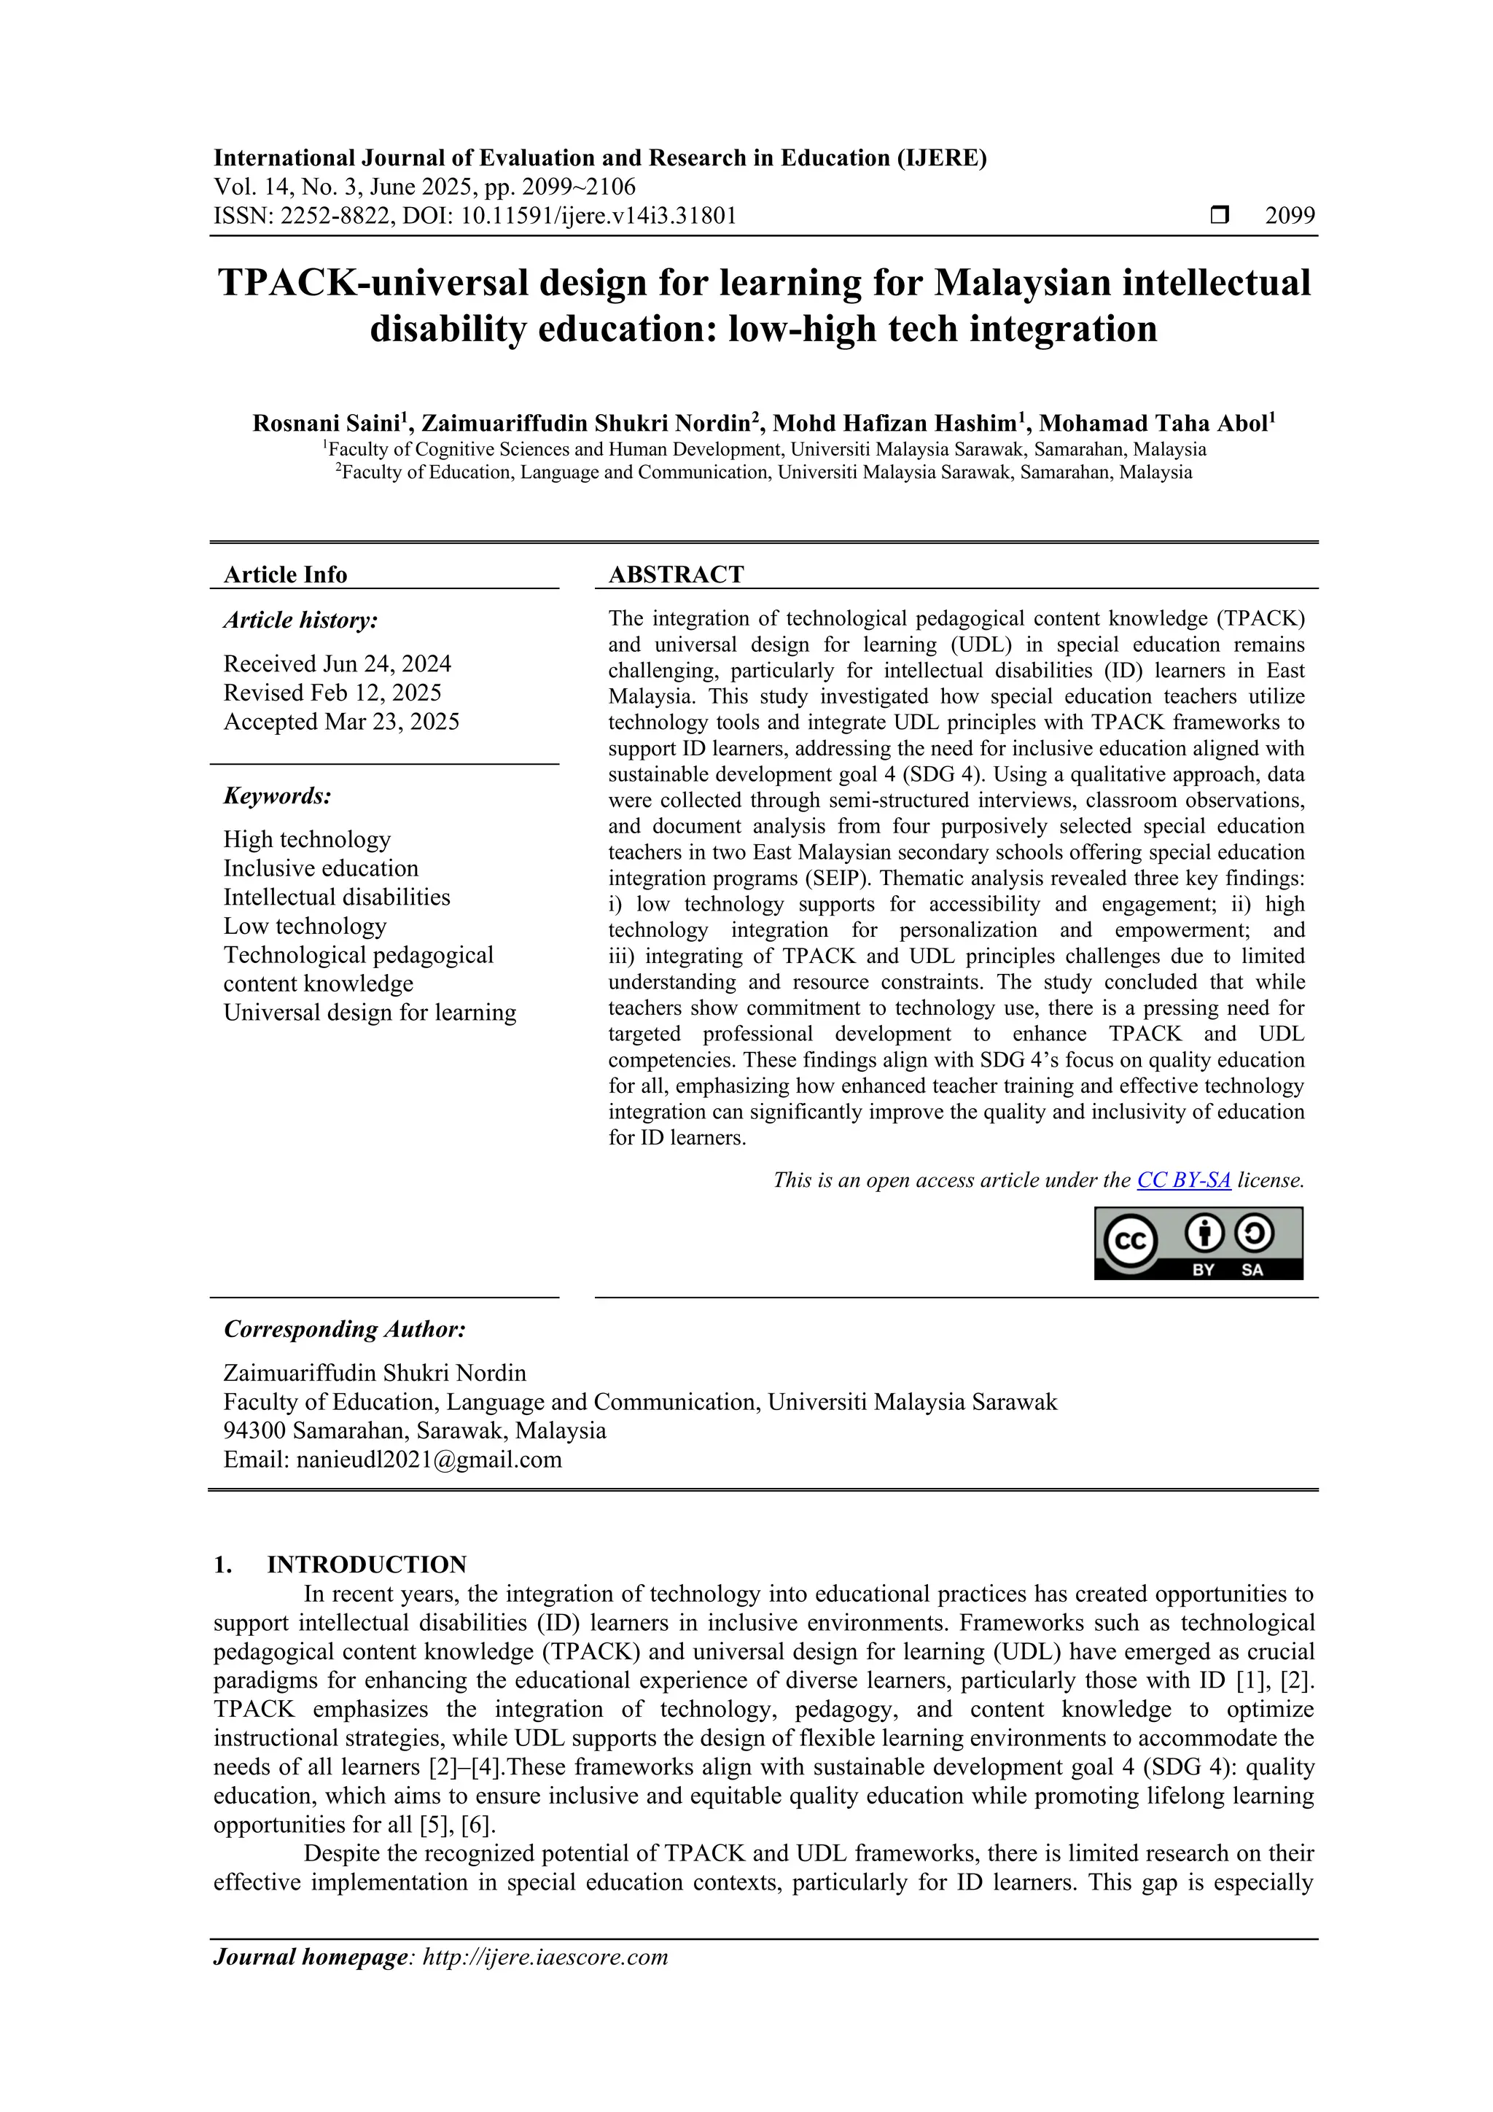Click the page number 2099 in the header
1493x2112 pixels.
point(1290,217)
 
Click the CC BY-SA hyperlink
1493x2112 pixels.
point(1183,1180)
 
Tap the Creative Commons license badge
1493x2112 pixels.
point(1198,1243)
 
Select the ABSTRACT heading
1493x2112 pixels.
point(676,575)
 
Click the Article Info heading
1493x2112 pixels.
point(285,575)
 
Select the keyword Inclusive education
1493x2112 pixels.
point(320,868)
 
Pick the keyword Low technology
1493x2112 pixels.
point(305,927)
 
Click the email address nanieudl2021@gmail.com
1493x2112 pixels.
point(429,1460)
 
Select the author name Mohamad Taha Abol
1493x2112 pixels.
point(1153,424)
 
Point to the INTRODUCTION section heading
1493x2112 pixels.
point(366,1564)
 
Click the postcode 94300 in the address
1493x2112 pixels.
point(254,1431)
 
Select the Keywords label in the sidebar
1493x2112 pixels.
point(277,795)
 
